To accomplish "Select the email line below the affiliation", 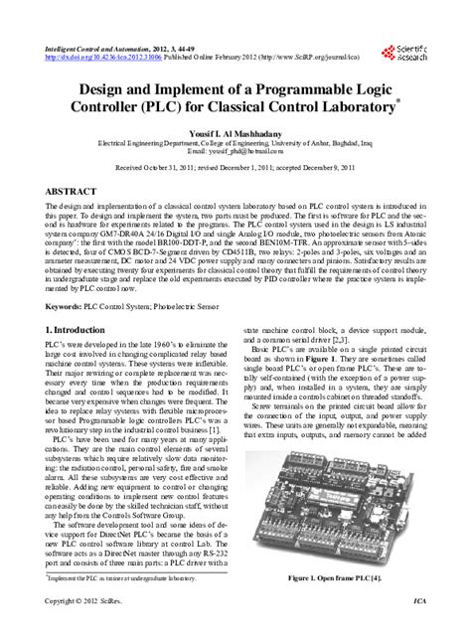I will pyautogui.click(x=235, y=154).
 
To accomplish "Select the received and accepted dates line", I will pyautogui.click(x=235, y=170).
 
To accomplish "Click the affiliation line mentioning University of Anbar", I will pyautogui.click(x=235, y=144).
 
